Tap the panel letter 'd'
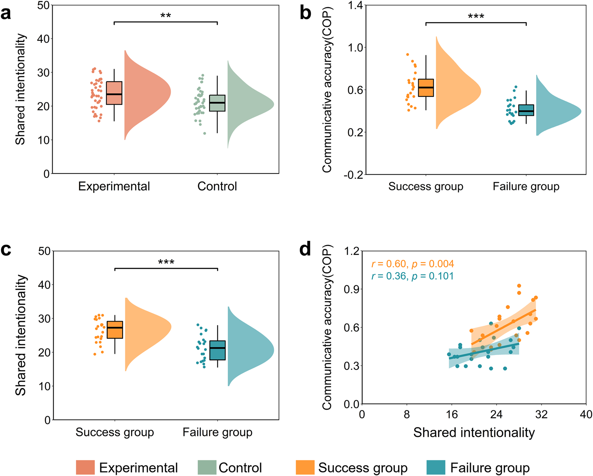(305, 250)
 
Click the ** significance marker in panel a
(166, 16)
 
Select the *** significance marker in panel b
(476, 17)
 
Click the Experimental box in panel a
(114, 93)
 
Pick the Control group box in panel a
(217, 103)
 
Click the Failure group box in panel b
(526, 110)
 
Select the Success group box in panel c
(115, 330)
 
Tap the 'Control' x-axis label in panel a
(217, 186)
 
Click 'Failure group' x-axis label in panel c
(217, 433)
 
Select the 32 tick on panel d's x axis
(541, 414)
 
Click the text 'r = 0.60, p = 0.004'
(413, 264)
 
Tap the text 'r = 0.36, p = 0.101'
(413, 276)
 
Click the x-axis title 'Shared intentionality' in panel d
(474, 433)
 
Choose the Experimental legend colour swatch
(85, 468)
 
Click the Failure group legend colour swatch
(436, 468)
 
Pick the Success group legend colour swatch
(305, 468)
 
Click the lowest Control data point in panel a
(204, 134)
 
